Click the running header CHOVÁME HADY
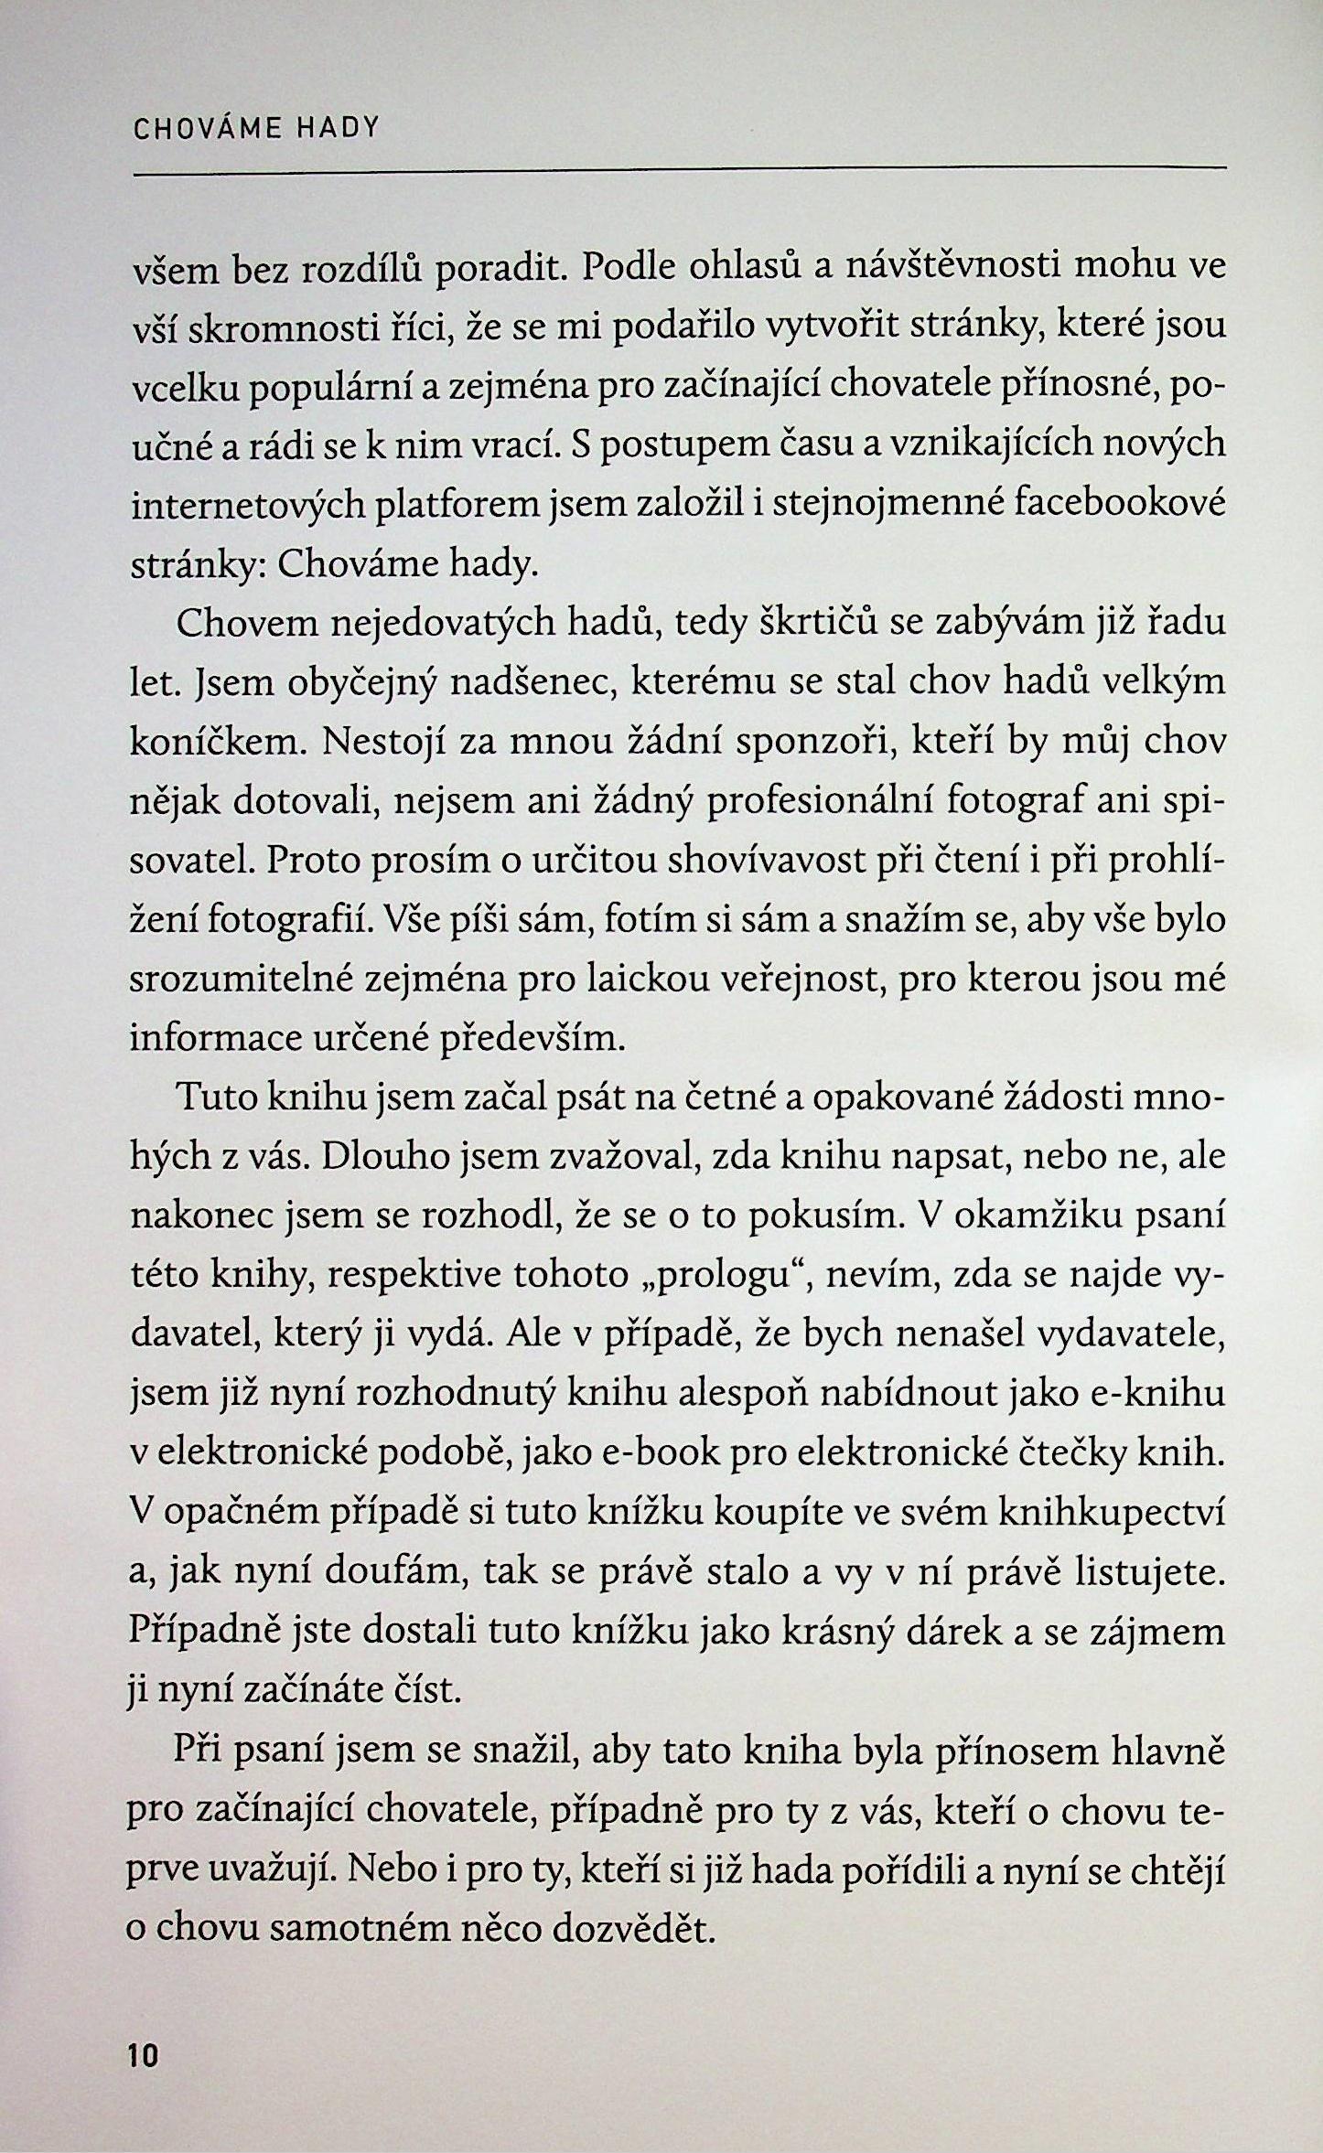pos(255,128)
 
